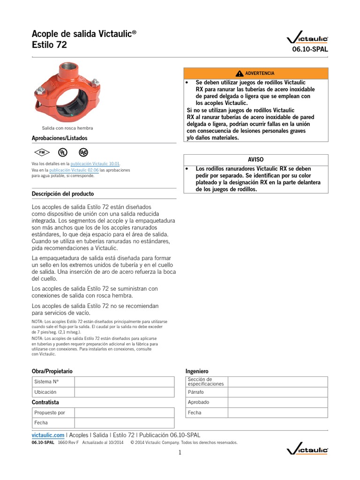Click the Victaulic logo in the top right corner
[307, 38]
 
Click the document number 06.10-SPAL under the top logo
[310, 49]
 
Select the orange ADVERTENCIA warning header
[255, 74]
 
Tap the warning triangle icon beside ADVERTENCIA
[240, 74]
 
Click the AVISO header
[255, 159]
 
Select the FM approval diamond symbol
[41, 152]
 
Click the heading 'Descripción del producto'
[62, 194]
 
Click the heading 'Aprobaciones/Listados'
[59, 138]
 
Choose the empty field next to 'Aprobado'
[278, 402]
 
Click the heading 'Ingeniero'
[197, 371]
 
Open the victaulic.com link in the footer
[48, 435]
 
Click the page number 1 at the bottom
[180, 452]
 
